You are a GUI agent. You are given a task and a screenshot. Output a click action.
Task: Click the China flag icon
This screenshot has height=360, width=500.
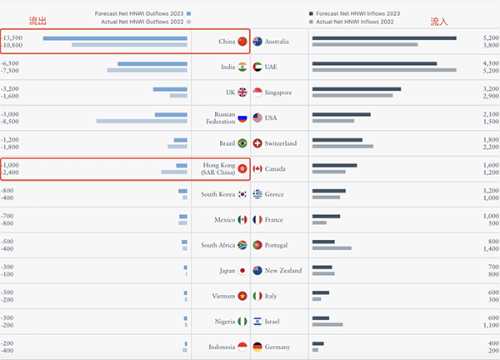[x=242, y=42]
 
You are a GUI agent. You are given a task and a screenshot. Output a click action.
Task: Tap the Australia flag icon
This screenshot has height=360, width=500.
[x=258, y=42]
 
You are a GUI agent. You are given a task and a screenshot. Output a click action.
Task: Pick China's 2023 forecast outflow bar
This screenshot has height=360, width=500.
[x=115, y=37]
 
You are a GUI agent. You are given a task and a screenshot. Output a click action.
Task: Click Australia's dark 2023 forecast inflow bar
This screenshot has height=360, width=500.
[x=384, y=37]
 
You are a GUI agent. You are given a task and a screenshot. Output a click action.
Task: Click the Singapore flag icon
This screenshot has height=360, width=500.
[x=258, y=92]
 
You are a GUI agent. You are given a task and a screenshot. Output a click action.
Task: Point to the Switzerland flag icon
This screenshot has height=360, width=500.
[x=258, y=143]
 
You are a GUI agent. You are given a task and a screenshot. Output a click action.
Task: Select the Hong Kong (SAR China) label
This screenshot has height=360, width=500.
[x=219, y=169]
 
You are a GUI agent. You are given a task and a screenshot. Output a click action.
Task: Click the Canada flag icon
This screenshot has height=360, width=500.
[x=258, y=169]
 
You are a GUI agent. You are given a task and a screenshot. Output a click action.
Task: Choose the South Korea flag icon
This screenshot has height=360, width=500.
[x=242, y=194]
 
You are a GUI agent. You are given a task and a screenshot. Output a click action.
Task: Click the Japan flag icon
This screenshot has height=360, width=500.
[x=242, y=271]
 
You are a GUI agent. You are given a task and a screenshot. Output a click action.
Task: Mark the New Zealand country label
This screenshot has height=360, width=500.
[x=285, y=271]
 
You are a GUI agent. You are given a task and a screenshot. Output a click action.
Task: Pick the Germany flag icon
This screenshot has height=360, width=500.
[x=258, y=347]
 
